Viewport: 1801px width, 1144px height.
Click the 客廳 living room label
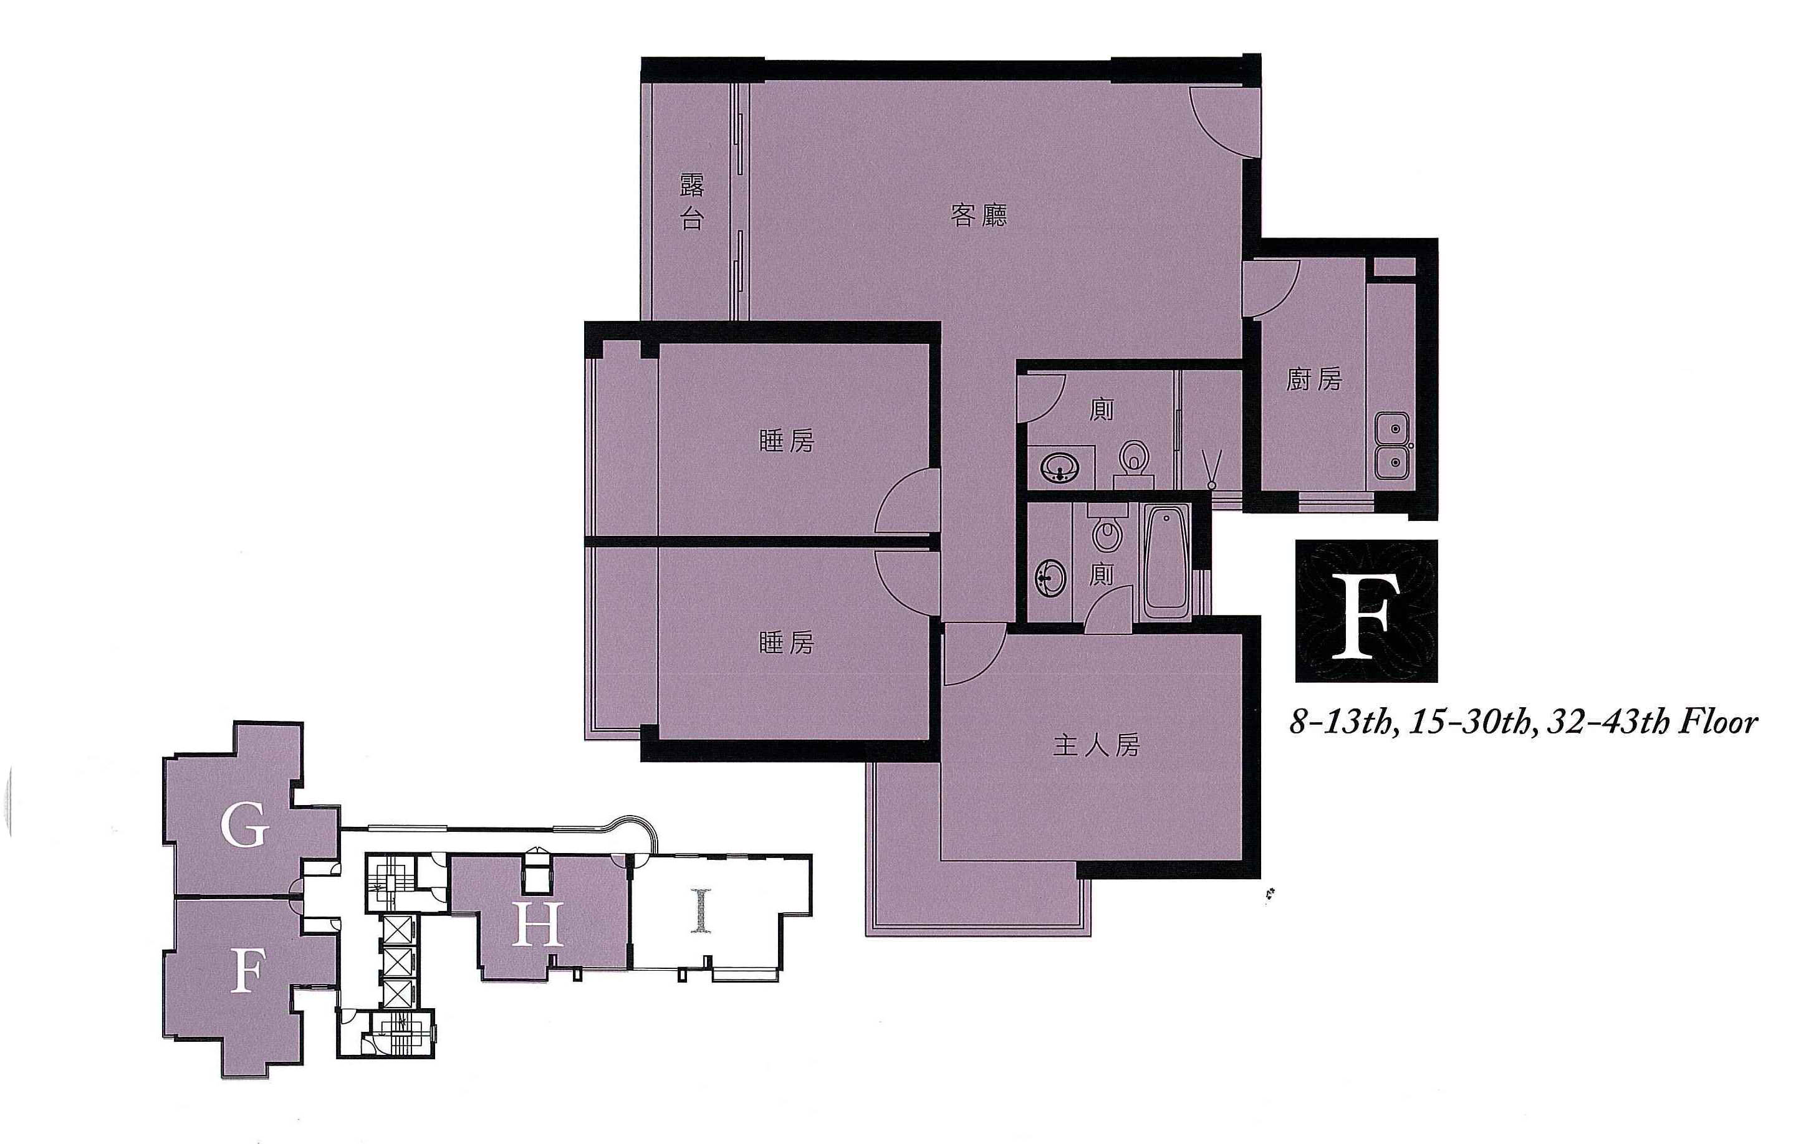click(979, 216)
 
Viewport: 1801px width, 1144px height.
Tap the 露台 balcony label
click(692, 203)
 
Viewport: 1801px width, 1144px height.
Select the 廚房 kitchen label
click(1314, 380)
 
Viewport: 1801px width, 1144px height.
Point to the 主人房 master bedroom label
click(1097, 745)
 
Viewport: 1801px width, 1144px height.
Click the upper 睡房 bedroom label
click(786, 442)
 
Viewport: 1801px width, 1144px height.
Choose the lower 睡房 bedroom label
click(786, 643)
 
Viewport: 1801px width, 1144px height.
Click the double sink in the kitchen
click(1393, 446)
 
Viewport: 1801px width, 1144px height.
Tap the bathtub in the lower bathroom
click(1167, 561)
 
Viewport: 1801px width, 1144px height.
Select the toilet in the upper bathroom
click(1133, 464)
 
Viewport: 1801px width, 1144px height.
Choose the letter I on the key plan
click(700, 910)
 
